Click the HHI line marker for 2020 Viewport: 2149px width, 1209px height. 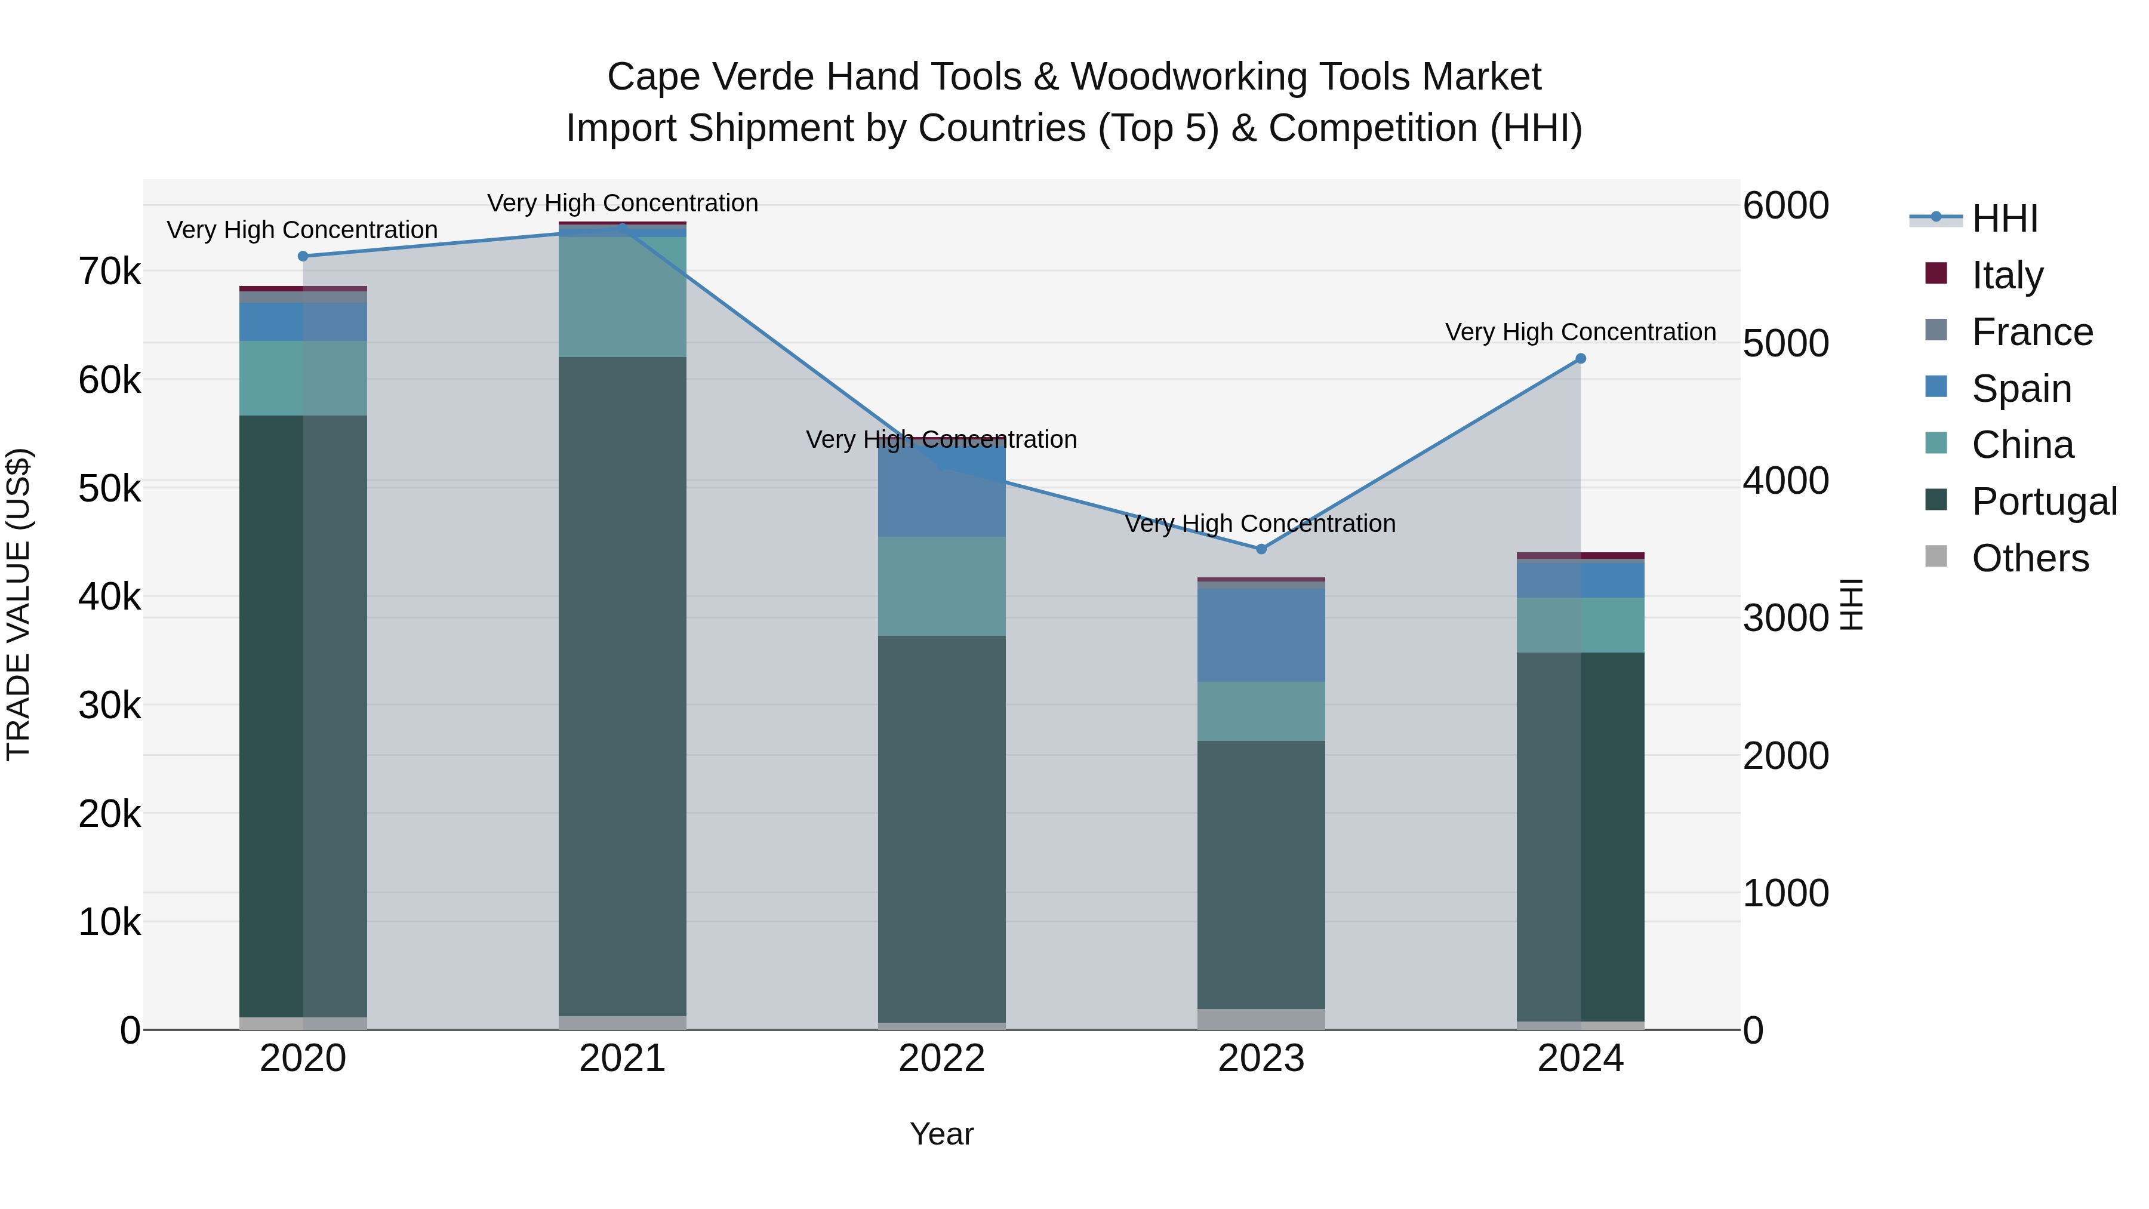[303, 256]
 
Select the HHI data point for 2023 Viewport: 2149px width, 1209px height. [1261, 549]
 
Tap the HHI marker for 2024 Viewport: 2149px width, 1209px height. [1580, 359]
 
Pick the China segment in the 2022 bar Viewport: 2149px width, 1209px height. [942, 586]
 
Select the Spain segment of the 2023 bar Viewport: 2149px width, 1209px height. [1261, 636]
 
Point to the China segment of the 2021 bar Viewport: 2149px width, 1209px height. [623, 297]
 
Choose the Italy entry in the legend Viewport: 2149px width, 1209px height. [2006, 275]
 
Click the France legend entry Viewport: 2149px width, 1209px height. [2031, 332]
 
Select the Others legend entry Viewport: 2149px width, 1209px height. [2030, 558]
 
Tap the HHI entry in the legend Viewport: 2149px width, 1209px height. [2004, 219]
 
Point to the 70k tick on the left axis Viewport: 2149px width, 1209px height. [110, 271]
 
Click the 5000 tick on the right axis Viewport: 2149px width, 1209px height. [1785, 343]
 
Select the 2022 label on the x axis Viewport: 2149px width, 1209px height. [942, 1059]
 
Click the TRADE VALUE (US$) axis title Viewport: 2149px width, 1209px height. [19, 604]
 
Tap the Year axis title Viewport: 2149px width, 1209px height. [942, 1134]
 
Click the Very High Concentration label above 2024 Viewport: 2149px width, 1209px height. [1580, 332]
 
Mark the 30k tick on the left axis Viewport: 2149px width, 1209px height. [110, 706]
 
